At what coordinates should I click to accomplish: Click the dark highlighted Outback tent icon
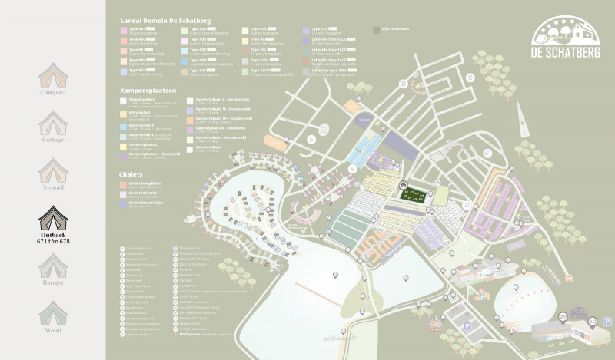[x=53, y=216]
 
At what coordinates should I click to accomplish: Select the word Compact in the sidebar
[x=53, y=92]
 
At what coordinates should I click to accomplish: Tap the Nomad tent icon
[x=53, y=170]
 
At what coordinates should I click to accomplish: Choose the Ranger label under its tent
[x=53, y=283]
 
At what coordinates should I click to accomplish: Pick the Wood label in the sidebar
[x=53, y=329]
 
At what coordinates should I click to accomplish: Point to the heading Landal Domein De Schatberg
[x=165, y=20]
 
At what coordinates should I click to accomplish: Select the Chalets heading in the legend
[x=132, y=174]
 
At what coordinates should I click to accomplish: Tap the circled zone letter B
[x=403, y=84]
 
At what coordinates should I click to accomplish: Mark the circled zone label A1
[x=487, y=154]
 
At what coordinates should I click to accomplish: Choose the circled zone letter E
[x=311, y=140]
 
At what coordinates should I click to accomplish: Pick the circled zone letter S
[x=352, y=168]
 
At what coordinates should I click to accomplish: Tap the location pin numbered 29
[x=563, y=317]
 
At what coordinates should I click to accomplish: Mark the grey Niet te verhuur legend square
[x=376, y=30]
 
